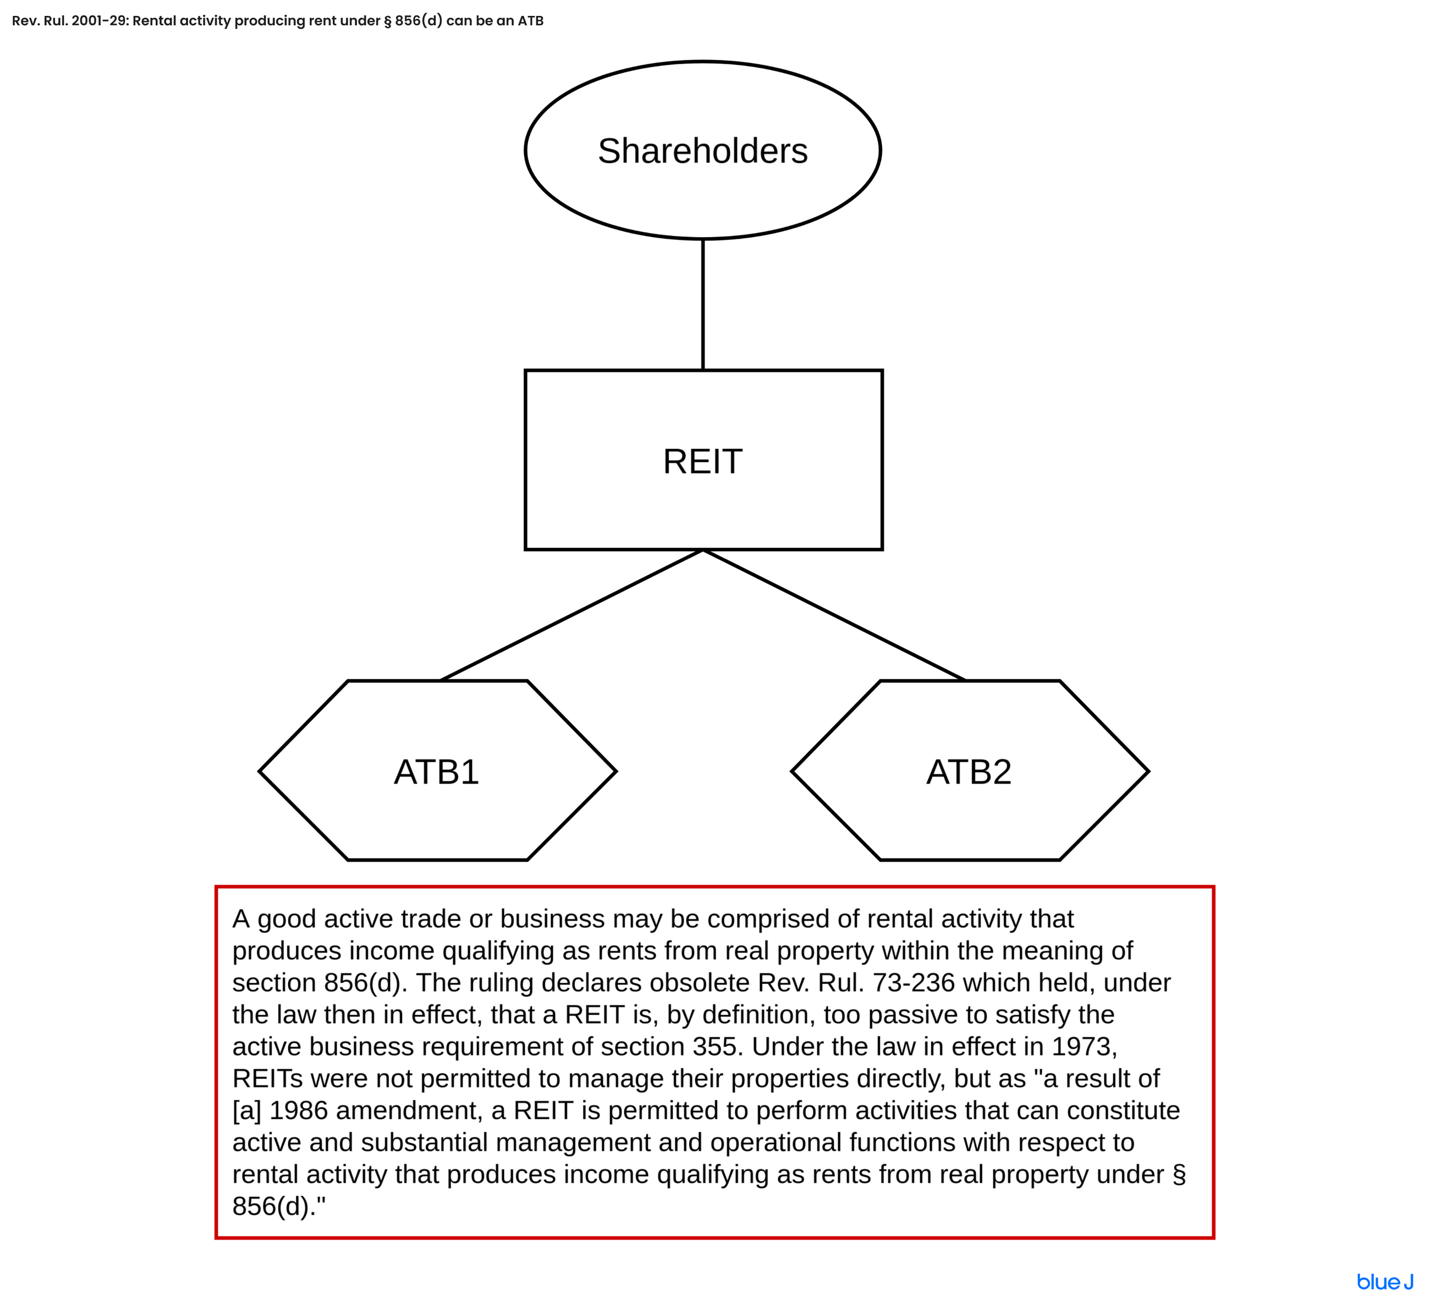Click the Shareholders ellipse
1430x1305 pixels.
click(702, 150)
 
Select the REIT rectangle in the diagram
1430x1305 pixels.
click(702, 460)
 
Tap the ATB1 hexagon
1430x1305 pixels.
click(437, 771)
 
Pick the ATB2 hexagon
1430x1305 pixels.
click(969, 771)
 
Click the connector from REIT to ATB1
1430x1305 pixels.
click(571, 615)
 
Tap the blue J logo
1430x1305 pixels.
click(1384, 1282)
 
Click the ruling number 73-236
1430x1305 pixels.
click(913, 983)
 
